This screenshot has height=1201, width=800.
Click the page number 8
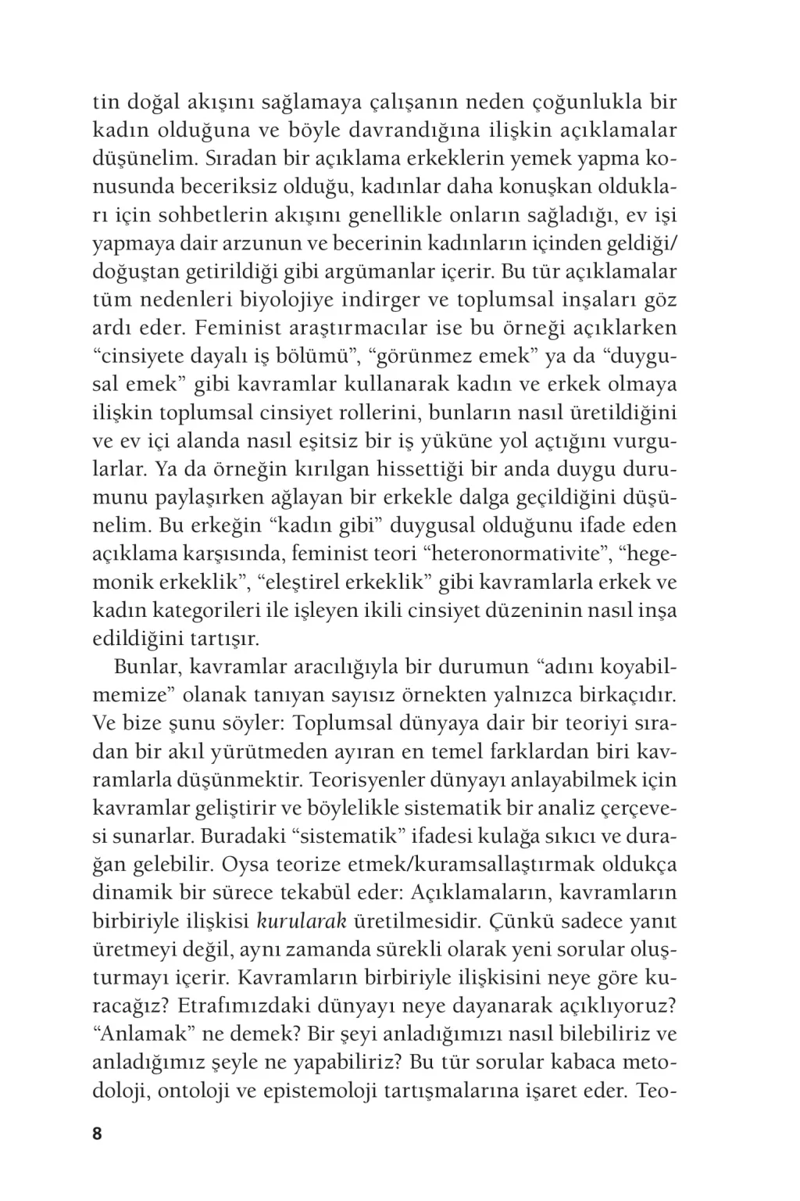click(98, 1134)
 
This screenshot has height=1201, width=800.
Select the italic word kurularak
click(302, 921)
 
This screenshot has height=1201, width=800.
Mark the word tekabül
click(316, 893)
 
